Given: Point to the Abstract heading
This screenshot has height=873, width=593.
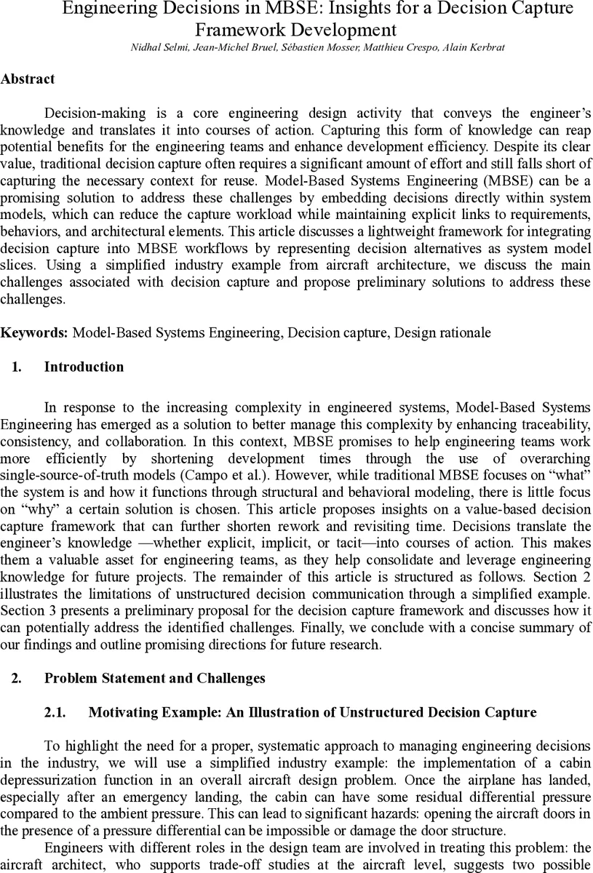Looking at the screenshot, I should (x=28, y=79).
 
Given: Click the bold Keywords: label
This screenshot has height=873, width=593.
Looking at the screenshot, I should (x=34, y=332).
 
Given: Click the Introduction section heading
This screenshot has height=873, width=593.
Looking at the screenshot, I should (x=84, y=367).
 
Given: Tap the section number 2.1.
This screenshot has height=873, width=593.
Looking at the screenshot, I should (x=55, y=713).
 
